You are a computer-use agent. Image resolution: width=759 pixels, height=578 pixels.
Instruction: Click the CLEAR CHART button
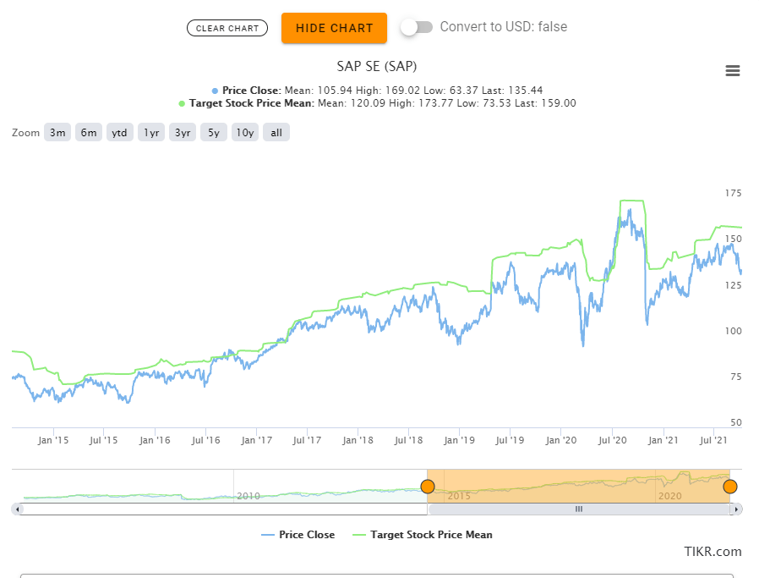click(x=227, y=28)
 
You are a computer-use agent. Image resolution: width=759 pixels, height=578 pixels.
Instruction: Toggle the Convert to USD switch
click(x=416, y=27)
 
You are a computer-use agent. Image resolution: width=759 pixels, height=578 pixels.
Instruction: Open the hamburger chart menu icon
click(x=733, y=71)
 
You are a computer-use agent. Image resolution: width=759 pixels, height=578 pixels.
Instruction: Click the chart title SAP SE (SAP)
click(x=377, y=66)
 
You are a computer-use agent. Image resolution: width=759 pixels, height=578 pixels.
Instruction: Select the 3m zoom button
click(x=57, y=132)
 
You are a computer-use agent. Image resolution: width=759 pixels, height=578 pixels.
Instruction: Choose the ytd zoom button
click(x=120, y=132)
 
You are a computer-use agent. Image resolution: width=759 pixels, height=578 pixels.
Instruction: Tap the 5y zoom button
click(x=214, y=132)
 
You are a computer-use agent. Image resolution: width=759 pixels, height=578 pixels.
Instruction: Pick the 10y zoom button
click(x=245, y=132)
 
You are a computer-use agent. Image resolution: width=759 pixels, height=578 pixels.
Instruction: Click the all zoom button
click(x=276, y=132)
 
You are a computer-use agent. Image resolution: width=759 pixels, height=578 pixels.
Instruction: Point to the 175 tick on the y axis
click(x=733, y=194)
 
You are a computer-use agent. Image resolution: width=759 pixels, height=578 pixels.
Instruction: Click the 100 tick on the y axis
click(x=733, y=331)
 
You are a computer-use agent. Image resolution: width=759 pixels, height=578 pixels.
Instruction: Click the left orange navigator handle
click(x=428, y=487)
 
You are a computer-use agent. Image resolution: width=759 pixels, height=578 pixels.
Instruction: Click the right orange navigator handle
click(x=730, y=487)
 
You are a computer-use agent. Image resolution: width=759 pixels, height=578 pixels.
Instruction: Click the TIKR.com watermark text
click(x=713, y=552)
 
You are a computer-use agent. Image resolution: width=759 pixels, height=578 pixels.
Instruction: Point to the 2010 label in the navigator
click(x=248, y=496)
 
